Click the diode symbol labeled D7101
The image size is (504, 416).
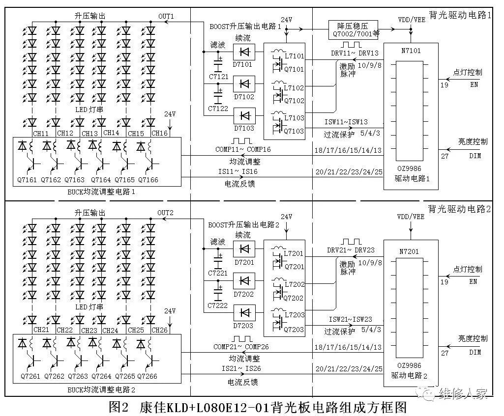[x=244, y=52]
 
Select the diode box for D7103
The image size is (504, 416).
[x=244, y=116]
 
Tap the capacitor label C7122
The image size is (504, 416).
[x=218, y=108]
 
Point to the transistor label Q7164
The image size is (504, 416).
[x=101, y=180]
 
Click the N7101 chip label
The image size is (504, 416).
[x=411, y=50]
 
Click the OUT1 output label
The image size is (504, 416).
[x=166, y=16]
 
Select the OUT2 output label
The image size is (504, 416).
[x=166, y=213]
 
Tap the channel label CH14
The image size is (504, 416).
[x=112, y=133]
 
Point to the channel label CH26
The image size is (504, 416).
[x=160, y=330]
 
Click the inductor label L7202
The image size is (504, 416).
[x=294, y=285]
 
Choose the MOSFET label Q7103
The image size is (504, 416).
[x=294, y=131]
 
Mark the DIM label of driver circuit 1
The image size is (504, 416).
[x=474, y=156]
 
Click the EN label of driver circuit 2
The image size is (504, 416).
[x=473, y=281]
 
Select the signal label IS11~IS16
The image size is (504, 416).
[x=241, y=171]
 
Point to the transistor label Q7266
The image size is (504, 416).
[x=148, y=376]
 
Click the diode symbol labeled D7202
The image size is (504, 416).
[x=244, y=280]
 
